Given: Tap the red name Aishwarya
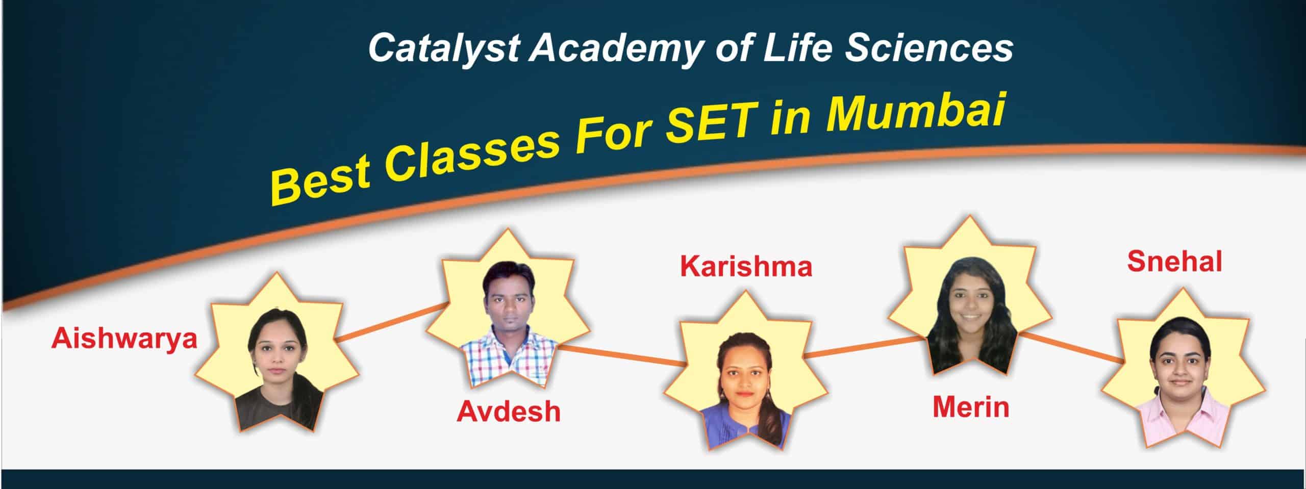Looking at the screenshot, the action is pyautogui.click(x=124, y=339).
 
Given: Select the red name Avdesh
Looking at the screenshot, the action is pyautogui.click(x=509, y=411).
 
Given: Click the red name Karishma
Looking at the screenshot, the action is pyautogui.click(x=746, y=267).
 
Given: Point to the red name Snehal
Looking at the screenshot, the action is pyautogui.click(x=1174, y=262).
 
